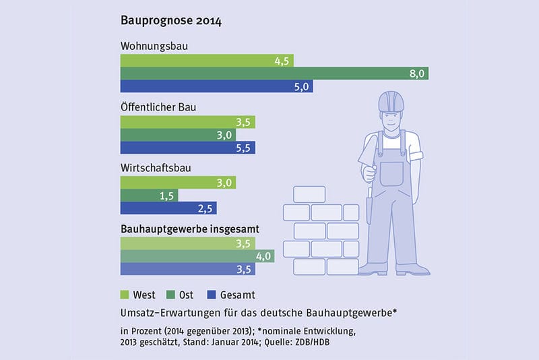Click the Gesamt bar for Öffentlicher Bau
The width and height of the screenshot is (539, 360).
pyautogui.click(x=188, y=148)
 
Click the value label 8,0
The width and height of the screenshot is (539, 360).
pyautogui.click(x=416, y=73)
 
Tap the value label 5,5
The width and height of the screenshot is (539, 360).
pyautogui.click(x=245, y=148)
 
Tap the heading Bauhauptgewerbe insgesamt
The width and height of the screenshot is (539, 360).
pyautogui.click(x=190, y=229)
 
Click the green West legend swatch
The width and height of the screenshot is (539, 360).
pyautogui.click(x=125, y=295)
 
